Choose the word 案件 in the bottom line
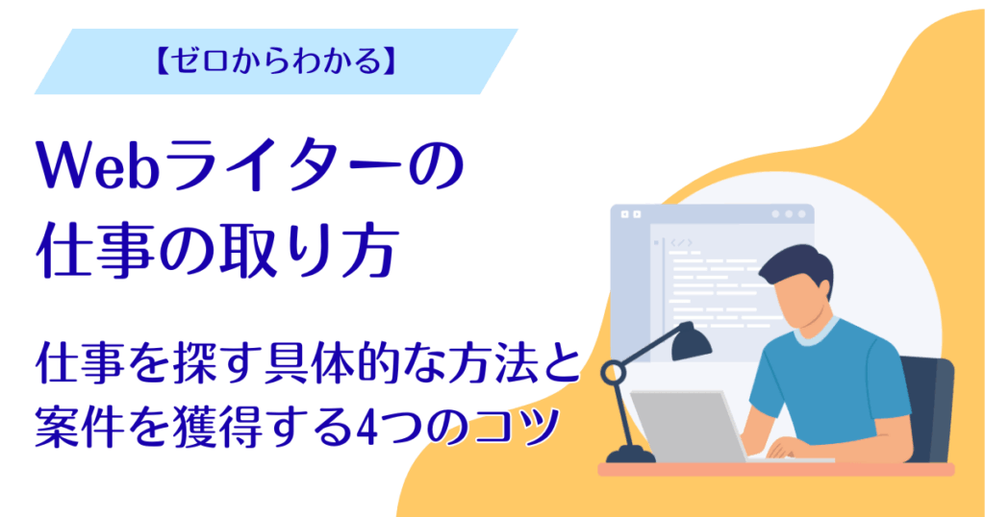(x=82, y=423)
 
